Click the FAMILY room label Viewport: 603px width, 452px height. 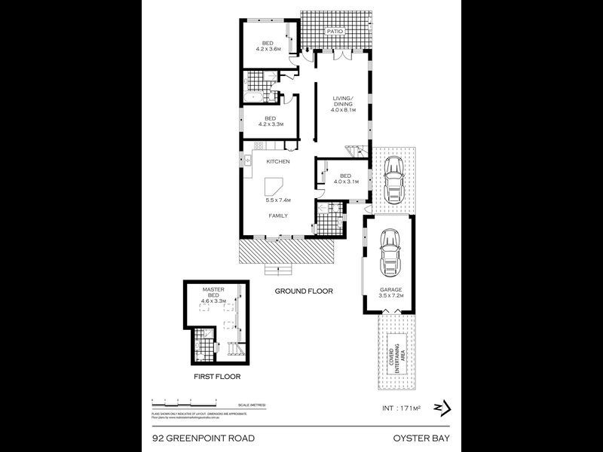point(278,216)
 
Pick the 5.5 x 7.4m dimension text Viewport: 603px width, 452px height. point(278,200)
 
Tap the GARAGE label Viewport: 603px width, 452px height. point(390,289)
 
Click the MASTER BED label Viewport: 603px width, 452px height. point(214,292)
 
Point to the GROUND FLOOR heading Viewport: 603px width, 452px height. point(304,291)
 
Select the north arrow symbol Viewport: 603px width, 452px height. point(441,408)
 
